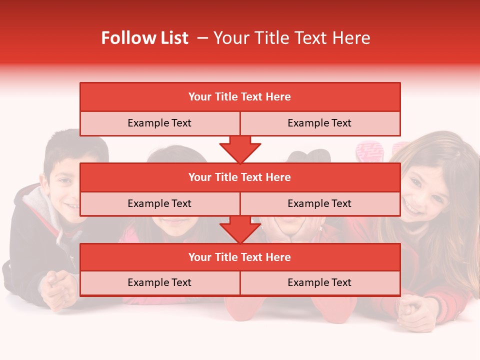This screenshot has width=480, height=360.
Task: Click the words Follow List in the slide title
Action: pos(144,38)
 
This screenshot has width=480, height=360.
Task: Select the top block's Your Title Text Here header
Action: pos(239,97)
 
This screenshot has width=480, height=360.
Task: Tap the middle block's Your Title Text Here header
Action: pos(239,177)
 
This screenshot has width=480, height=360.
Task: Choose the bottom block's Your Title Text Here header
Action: pos(239,257)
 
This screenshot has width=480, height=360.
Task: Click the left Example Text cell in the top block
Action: pos(159,123)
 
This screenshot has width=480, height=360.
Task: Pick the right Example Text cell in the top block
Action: pos(319,123)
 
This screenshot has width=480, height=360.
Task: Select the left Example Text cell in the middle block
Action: pos(159,203)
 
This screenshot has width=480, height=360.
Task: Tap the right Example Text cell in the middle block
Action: pos(319,203)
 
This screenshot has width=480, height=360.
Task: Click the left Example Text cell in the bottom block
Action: pos(159,282)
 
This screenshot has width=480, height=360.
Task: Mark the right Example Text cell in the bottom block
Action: pos(319,282)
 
